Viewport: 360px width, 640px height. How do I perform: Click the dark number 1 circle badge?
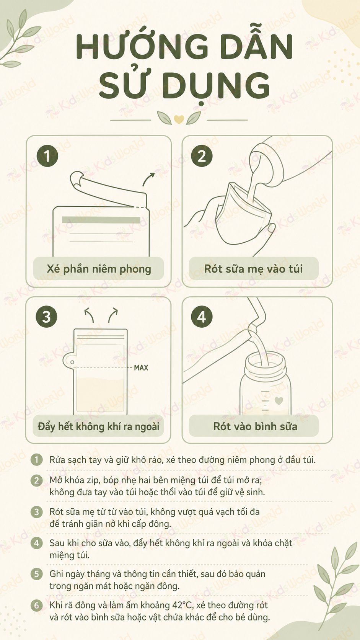click(47, 156)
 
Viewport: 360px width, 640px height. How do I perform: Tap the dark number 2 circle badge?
click(202, 156)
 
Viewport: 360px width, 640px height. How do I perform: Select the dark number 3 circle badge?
click(47, 317)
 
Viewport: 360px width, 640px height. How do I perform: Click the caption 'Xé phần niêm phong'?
click(99, 269)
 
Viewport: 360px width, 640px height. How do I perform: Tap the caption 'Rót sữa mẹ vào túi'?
click(254, 269)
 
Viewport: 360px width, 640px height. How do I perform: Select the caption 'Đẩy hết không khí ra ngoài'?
click(98, 426)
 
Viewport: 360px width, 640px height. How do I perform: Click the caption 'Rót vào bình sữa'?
click(255, 426)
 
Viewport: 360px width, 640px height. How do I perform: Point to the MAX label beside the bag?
click(141, 368)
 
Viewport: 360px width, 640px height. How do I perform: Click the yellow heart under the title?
click(179, 119)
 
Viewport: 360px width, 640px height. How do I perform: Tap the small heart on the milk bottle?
click(279, 400)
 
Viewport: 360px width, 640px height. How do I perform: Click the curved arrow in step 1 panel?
click(148, 179)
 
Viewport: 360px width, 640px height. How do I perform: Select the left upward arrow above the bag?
click(90, 315)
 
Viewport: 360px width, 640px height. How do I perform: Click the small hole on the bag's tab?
click(72, 362)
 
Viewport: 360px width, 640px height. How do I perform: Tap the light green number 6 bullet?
click(37, 606)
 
